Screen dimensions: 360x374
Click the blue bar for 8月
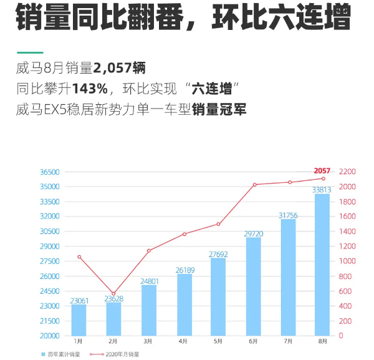coord(322,265)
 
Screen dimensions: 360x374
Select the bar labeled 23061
coord(79,319)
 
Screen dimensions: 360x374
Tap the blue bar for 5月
coord(218,296)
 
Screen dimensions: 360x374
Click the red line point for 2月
coord(113,293)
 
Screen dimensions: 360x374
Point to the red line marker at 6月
coord(254,185)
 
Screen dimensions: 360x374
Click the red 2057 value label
coord(322,170)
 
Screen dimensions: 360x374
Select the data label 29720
coord(253,233)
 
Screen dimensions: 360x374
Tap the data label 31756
coord(288,215)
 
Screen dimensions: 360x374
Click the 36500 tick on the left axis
coord(49,172)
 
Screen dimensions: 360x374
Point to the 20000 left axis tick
coord(49,336)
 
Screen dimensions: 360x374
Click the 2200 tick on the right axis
coord(347,172)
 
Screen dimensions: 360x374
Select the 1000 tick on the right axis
coord(347,261)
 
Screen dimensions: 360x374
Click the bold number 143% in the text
coord(90,88)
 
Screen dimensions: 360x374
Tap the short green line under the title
coord(30,52)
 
